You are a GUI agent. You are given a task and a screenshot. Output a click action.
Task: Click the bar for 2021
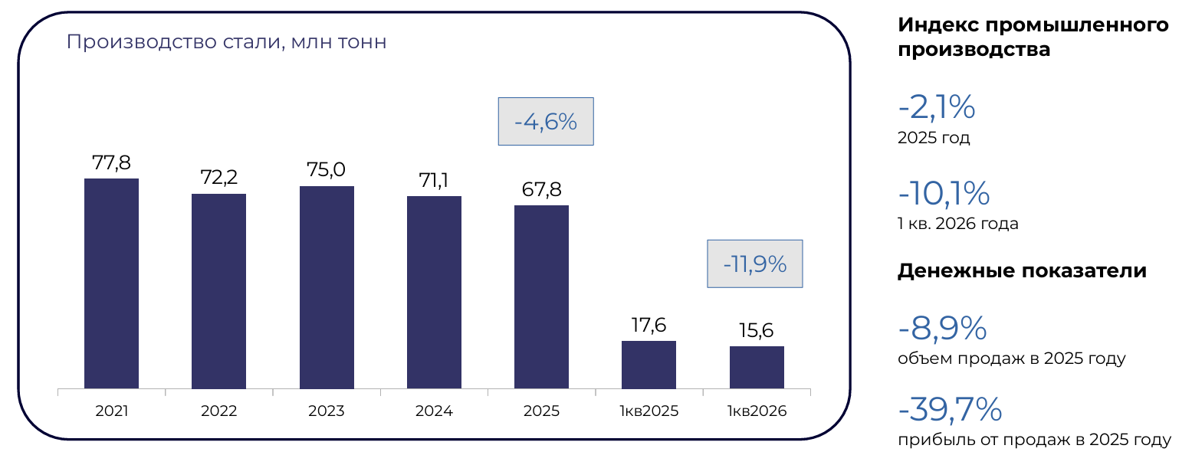(x=111, y=283)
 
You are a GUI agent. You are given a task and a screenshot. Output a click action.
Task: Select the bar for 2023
(x=327, y=287)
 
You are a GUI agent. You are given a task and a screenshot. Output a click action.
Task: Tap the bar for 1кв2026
(x=757, y=367)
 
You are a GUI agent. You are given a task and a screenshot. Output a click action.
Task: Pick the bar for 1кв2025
(x=649, y=365)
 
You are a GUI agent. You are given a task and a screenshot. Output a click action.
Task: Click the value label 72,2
(x=218, y=177)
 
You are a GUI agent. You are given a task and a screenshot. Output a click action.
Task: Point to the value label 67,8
(x=541, y=189)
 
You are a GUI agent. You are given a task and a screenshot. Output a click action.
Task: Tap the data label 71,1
(x=434, y=180)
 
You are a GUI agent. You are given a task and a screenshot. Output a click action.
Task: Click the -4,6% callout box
(x=546, y=121)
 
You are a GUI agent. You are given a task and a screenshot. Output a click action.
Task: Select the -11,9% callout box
(x=754, y=264)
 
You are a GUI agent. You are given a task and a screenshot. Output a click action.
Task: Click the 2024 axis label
(x=434, y=411)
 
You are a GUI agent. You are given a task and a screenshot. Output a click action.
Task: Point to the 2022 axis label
(x=218, y=411)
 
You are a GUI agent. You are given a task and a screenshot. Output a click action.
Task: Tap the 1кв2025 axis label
(x=649, y=411)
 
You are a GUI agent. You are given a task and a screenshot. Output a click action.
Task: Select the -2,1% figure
(x=937, y=106)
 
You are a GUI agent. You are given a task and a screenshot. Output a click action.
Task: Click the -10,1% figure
(x=944, y=192)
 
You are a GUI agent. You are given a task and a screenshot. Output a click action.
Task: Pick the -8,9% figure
(x=942, y=328)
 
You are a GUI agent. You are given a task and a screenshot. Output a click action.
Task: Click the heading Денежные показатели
(x=1022, y=271)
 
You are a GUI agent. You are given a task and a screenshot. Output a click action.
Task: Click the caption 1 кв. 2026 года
(x=958, y=224)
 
